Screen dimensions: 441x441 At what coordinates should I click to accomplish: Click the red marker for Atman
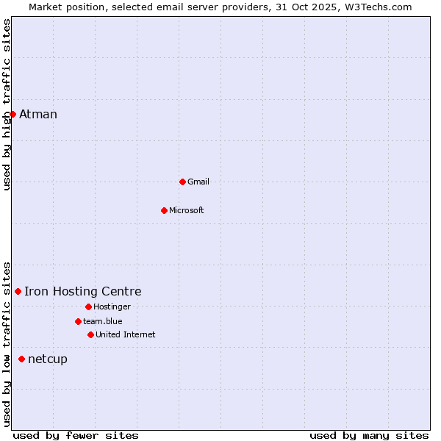(12, 114)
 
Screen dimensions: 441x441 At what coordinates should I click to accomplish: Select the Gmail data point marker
(182, 182)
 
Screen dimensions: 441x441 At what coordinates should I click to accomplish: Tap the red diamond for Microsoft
(164, 210)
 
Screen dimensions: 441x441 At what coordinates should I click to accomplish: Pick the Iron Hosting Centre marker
(18, 292)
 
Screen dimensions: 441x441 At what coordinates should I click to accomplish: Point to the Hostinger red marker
(88, 306)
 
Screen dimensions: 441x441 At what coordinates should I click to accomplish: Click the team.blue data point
(78, 321)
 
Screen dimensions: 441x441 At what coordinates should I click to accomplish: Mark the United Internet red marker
(90, 334)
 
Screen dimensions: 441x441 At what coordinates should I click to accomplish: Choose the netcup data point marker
(21, 359)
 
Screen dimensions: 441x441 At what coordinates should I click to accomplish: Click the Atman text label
(38, 114)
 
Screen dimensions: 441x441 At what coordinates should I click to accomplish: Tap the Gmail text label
(198, 182)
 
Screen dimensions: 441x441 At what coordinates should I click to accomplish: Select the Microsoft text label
(187, 210)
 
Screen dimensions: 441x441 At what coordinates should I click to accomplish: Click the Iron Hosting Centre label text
(83, 292)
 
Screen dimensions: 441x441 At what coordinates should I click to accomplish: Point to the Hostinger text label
(112, 306)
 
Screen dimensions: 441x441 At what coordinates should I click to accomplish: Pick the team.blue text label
(103, 321)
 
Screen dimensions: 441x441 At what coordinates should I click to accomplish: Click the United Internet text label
(126, 334)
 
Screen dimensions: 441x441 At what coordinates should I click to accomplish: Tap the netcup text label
(48, 359)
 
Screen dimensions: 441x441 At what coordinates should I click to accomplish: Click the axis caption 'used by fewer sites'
(76, 435)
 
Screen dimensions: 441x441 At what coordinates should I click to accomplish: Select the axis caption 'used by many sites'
(369, 435)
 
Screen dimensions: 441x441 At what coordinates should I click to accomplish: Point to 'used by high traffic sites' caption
(7, 104)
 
